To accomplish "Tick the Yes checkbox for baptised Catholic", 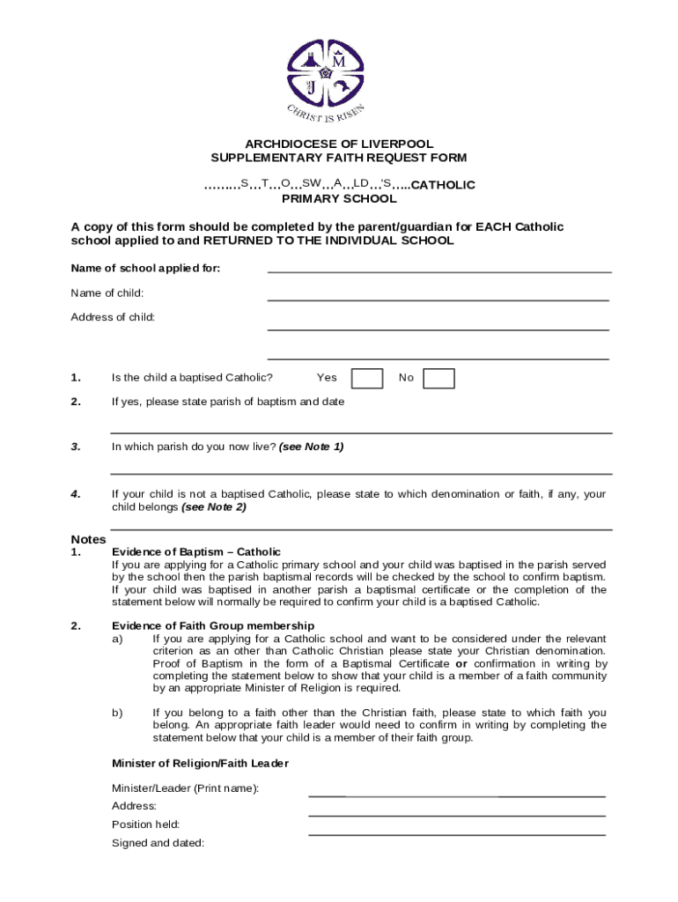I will tap(366, 378).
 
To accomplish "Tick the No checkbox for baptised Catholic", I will tap(438, 378).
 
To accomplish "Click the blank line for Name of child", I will tap(438, 299).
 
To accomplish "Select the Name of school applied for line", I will tap(438, 271).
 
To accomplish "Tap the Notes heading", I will tap(88, 539).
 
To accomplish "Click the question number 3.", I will tap(77, 447).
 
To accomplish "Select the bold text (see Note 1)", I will tap(311, 447).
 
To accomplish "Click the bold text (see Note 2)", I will tap(214, 507).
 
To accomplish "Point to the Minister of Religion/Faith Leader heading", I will tap(200, 763).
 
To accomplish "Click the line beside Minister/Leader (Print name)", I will tap(456, 795).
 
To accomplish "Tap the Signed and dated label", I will tap(158, 843).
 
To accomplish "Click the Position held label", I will tap(145, 824).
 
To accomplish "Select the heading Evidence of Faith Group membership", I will tap(213, 626).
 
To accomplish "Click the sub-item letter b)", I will tap(117, 713).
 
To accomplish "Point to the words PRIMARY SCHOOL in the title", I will tap(339, 199).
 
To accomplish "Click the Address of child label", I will tap(113, 317).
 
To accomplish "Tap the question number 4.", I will tap(77, 494).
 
